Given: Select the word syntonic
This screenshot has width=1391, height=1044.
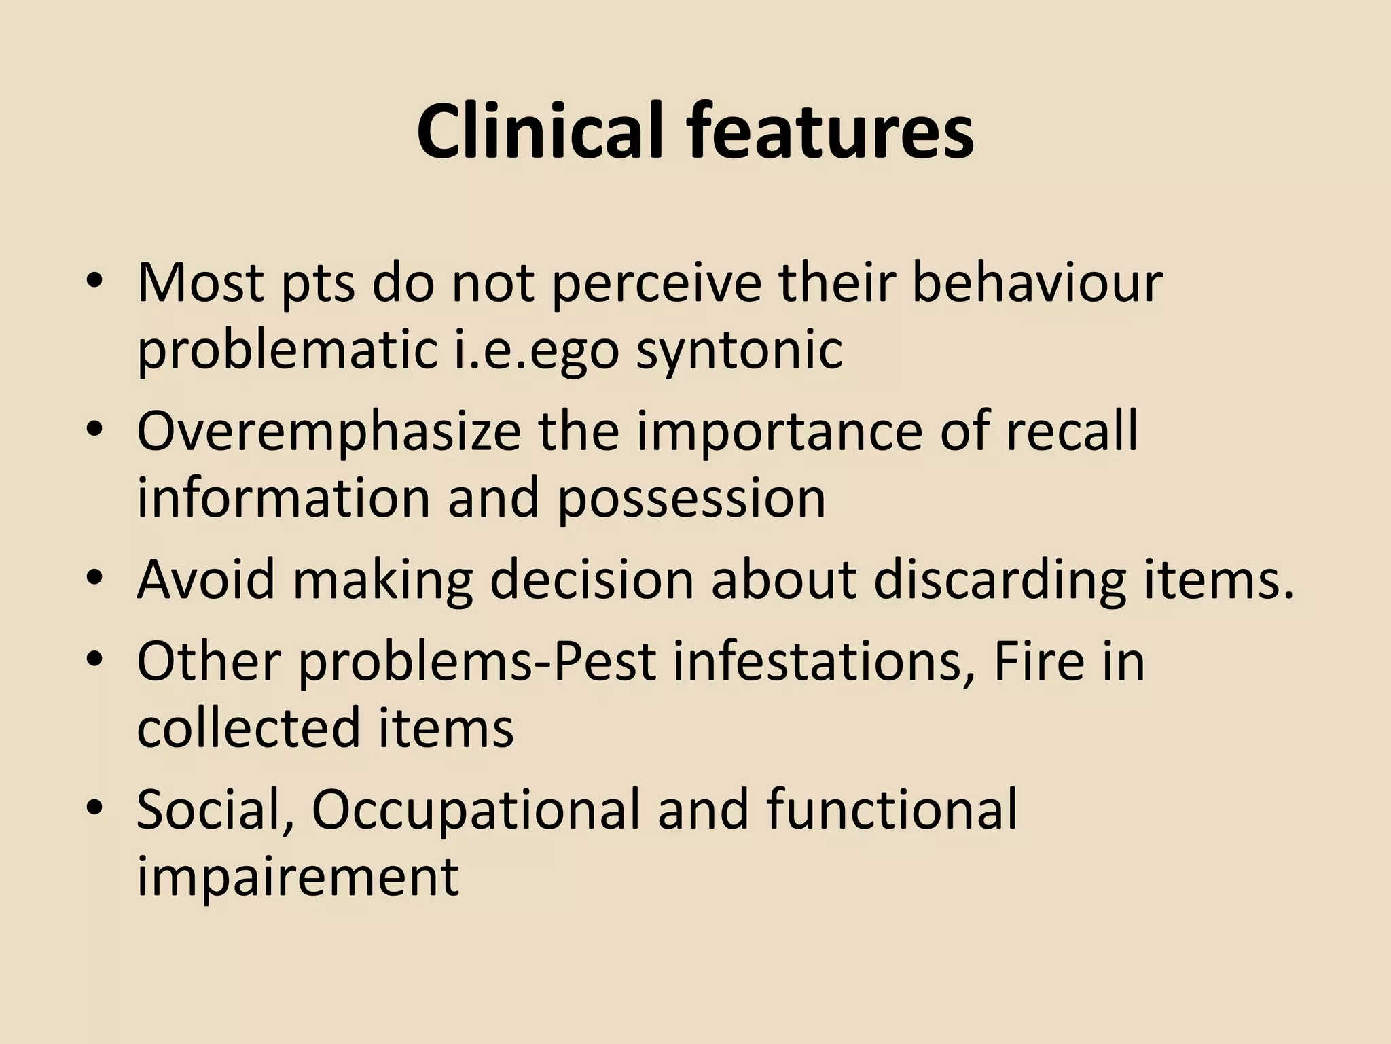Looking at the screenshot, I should coord(739,352).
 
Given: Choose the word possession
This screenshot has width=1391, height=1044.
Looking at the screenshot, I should coord(691,498).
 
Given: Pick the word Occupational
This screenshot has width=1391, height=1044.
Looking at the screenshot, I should coord(475,810).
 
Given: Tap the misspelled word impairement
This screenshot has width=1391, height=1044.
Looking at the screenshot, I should coord(298,877).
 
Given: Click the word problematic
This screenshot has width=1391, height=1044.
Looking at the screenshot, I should coord(287,352).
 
